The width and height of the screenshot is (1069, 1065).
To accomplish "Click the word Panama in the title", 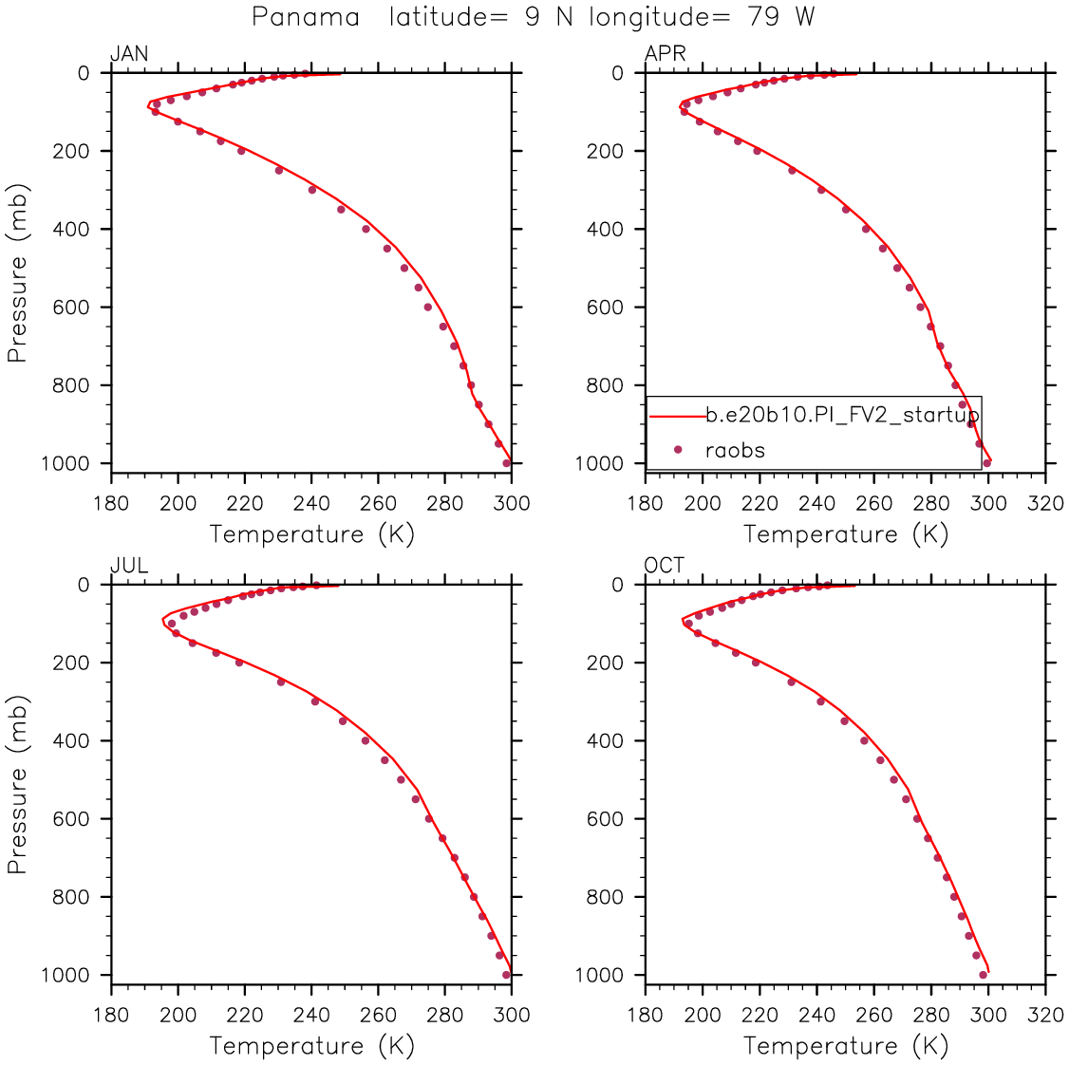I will tap(306, 17).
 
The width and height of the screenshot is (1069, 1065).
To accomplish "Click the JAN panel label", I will tap(129, 54).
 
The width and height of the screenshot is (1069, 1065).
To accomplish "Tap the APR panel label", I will tap(665, 54).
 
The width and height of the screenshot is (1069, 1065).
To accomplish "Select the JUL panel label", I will tap(129, 567).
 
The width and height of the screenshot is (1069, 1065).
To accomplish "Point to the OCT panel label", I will tap(665, 567).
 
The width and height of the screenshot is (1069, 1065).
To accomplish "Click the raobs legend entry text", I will tap(735, 450).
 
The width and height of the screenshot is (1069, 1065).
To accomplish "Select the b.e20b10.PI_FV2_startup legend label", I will tap(842, 415).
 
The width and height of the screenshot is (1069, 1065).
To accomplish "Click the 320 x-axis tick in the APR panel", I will tap(1045, 503).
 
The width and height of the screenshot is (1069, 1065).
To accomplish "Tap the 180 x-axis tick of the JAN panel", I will tap(111, 503).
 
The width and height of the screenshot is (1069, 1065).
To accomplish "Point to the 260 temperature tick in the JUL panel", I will tap(378, 1016).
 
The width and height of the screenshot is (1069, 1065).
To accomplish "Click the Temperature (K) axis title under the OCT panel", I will tap(846, 1046).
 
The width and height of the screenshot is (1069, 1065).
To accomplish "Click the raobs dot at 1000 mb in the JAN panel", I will tap(507, 463).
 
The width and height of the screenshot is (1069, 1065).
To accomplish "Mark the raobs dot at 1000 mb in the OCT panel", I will tap(984, 975).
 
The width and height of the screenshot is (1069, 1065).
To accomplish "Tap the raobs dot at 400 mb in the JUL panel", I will tap(366, 740).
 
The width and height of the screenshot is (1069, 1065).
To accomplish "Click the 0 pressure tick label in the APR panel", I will tap(617, 73).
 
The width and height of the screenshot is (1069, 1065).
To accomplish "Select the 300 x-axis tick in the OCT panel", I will tap(988, 1016).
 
